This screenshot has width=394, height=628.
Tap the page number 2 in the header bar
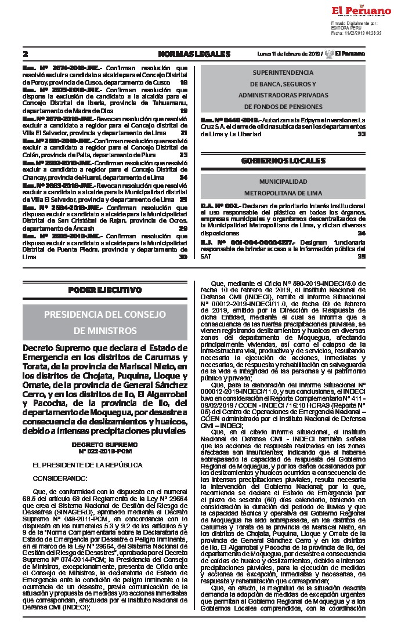pos(26,54)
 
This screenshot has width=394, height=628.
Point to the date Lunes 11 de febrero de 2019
pos(288,54)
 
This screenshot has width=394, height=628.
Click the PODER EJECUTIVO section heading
pos(104,290)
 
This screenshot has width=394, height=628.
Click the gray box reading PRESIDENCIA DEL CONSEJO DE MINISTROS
pos(104,322)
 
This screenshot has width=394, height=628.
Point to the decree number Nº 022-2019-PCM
pos(104,450)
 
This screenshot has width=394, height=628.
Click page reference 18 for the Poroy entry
pos(183,82)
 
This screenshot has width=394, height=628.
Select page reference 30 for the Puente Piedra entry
pos(183,256)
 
